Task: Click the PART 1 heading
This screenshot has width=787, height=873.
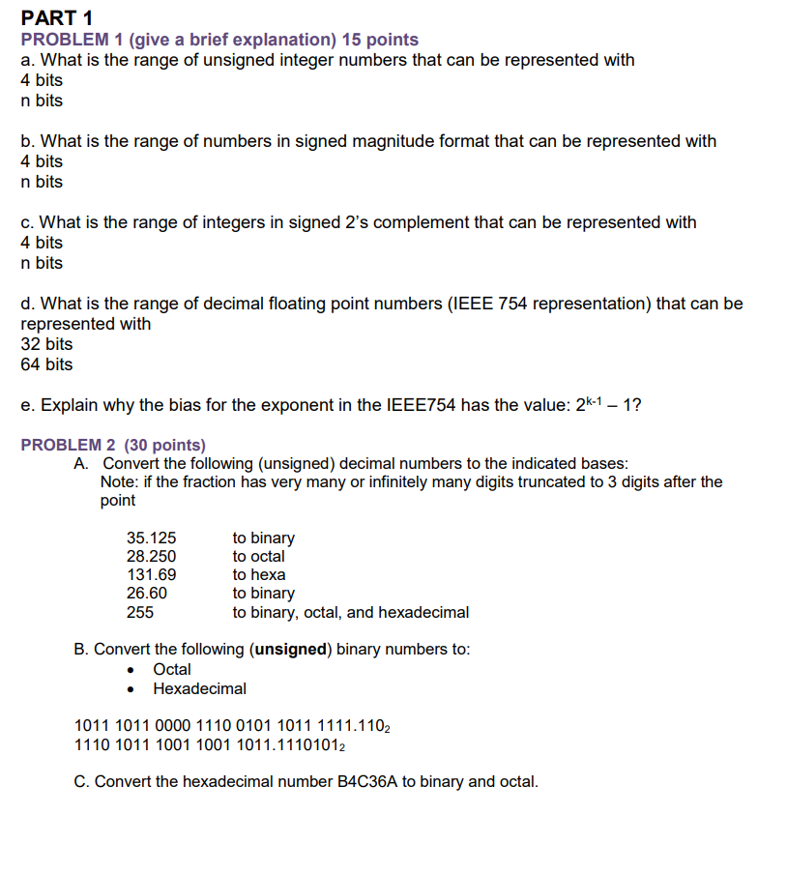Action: pyautogui.click(x=56, y=17)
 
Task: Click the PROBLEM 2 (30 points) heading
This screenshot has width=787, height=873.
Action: pyautogui.click(x=113, y=445)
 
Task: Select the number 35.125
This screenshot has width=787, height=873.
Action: pyautogui.click(x=152, y=538)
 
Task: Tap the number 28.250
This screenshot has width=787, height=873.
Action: pyautogui.click(x=152, y=556)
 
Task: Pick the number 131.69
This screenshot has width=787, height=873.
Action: pyautogui.click(x=152, y=574)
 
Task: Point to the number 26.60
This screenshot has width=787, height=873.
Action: pyautogui.click(x=147, y=593)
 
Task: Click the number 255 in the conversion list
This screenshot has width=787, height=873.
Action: pyautogui.click(x=140, y=612)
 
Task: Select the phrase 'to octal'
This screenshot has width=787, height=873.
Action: pyautogui.click(x=258, y=556)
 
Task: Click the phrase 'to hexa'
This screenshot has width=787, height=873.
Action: pyautogui.click(x=258, y=574)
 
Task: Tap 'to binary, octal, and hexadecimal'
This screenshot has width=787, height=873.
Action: pyautogui.click(x=350, y=612)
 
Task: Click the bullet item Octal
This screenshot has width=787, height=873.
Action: pyautogui.click(x=172, y=669)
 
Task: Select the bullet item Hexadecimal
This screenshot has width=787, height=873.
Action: pyautogui.click(x=199, y=688)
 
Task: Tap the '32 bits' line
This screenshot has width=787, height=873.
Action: pyautogui.click(x=46, y=344)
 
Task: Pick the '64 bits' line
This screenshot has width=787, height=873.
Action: pyautogui.click(x=46, y=364)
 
